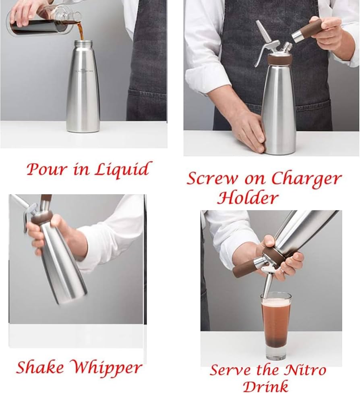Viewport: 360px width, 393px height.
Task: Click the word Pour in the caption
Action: (45, 169)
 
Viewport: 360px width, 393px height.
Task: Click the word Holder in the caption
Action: (248, 198)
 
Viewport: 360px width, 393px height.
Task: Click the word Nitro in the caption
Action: (304, 370)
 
